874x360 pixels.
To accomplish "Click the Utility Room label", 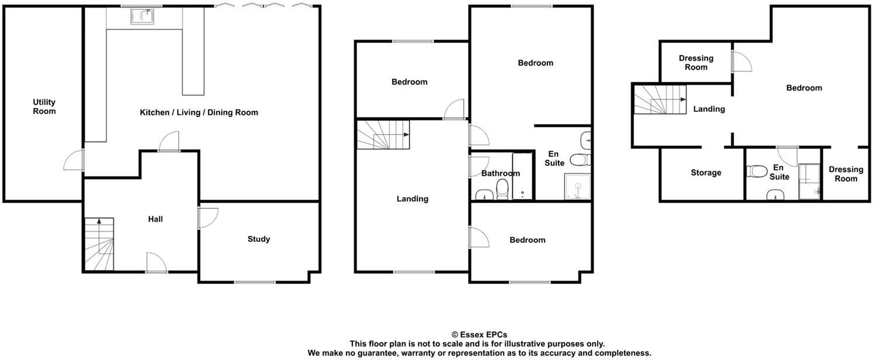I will pos(44,107).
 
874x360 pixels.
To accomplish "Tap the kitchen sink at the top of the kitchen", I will pos(141,17).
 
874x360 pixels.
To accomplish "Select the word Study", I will pos(258,239).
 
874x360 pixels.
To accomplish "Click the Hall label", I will pos(155,219).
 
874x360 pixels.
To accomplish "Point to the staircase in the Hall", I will pos(99,244).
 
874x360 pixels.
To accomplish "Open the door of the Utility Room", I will pos(74,160).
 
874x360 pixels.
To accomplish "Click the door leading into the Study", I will pos(208,217).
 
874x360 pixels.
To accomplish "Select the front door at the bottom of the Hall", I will pos(156,263).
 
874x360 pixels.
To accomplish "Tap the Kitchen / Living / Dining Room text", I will pos(199,112).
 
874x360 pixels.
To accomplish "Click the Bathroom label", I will pos(500,174).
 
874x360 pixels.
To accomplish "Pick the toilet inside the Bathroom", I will pos(502,188).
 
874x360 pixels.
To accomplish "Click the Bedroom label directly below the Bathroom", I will pos(527,240).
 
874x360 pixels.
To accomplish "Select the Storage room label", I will pos(706,173).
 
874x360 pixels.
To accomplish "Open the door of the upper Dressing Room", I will pos(740,62).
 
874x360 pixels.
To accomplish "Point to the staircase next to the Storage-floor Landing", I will pos(660,99).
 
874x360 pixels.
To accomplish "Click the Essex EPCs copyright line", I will pos(479,335).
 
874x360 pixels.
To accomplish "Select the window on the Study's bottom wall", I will pos(255,283).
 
